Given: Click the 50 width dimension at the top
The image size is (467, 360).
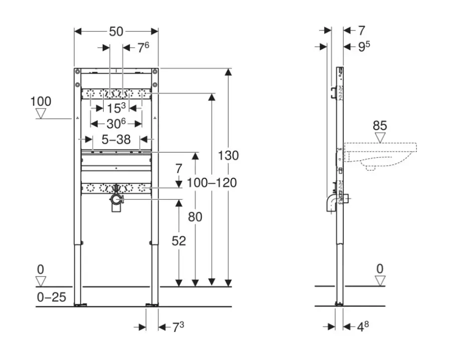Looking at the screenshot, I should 116,31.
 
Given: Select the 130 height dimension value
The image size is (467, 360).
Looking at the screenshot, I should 228,155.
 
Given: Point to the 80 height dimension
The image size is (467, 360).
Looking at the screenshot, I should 196,217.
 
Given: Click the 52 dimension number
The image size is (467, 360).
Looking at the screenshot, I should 178,241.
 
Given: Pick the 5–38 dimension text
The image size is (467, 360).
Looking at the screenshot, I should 116,140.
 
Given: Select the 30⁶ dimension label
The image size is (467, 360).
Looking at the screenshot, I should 115,122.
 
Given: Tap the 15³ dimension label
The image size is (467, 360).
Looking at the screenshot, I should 116,107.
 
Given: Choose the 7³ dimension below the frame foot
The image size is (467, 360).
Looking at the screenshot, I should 178,327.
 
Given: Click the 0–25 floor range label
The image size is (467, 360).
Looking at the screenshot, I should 51,297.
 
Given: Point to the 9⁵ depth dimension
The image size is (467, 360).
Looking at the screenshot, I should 364,47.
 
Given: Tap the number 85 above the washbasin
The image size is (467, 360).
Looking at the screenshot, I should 380,126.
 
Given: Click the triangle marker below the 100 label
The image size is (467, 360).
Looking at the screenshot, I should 41,114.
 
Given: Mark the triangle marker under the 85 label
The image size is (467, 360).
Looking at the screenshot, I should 380,137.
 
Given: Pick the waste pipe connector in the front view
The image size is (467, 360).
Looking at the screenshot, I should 117,200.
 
